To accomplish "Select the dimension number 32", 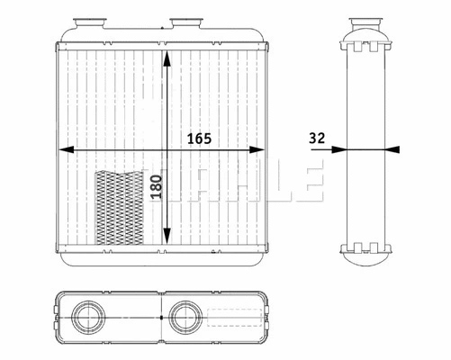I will [x=316, y=139].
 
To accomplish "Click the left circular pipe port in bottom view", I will [x=89, y=319].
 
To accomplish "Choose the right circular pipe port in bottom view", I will [x=186, y=319].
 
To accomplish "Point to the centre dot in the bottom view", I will [x=159, y=318].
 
